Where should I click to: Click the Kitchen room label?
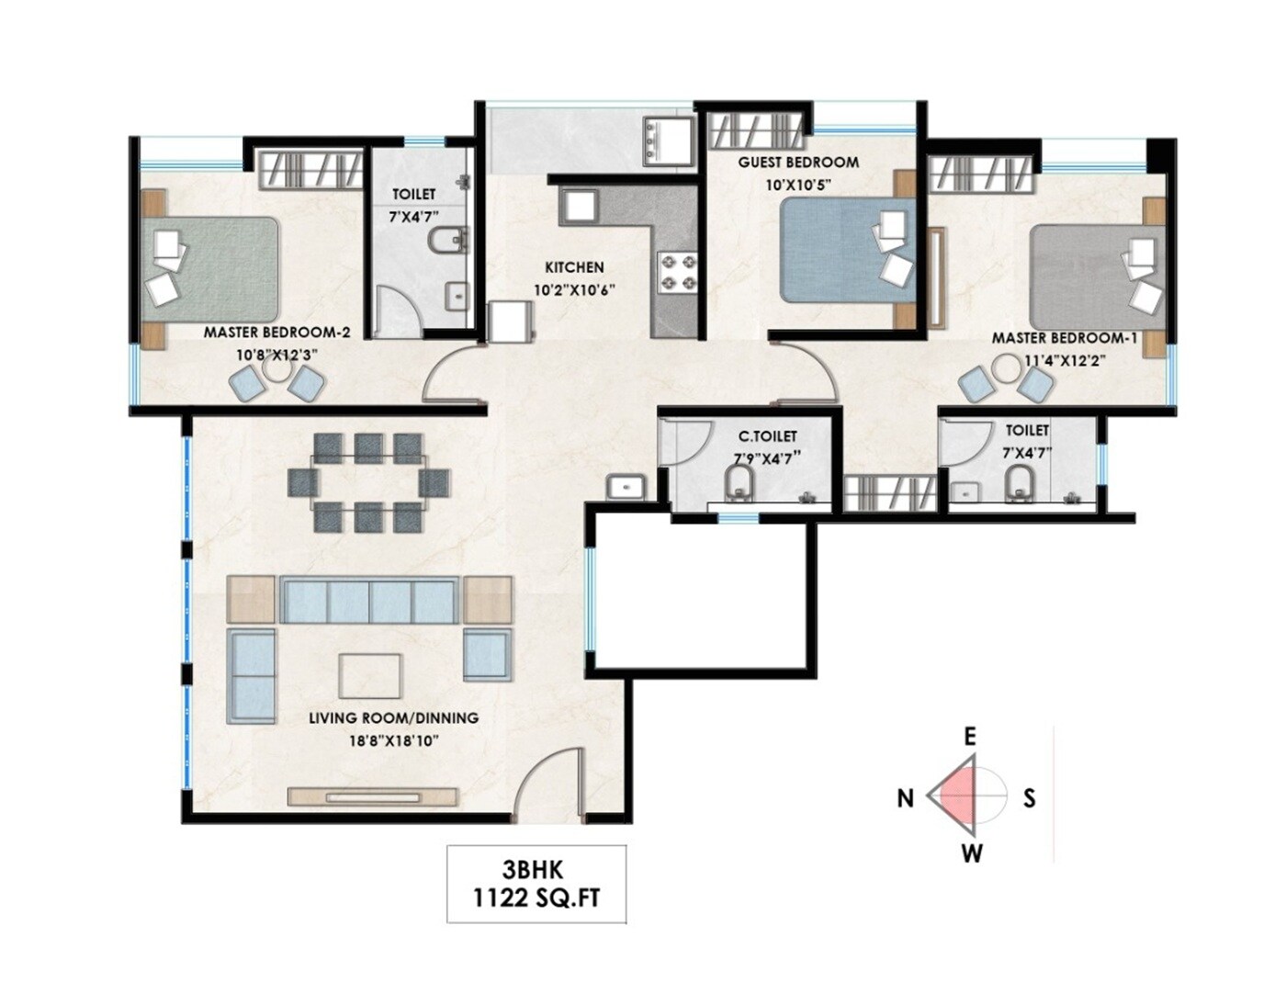coord(574,267)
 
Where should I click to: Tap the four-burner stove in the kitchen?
coord(677,273)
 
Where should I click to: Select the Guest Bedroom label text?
coord(798,163)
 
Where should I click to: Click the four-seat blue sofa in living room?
coord(369,602)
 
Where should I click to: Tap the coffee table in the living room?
coord(369,677)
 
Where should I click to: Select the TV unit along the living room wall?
coord(373,796)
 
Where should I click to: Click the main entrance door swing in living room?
coord(551,785)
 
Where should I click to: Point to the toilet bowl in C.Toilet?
coord(739,483)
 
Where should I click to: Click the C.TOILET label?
coord(767,436)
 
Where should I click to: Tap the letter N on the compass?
coord(906,798)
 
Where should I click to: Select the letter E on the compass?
coord(969,737)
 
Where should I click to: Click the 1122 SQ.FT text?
coord(536,898)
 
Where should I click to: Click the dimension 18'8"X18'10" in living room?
coord(393,740)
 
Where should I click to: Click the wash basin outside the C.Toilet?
coord(626,486)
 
